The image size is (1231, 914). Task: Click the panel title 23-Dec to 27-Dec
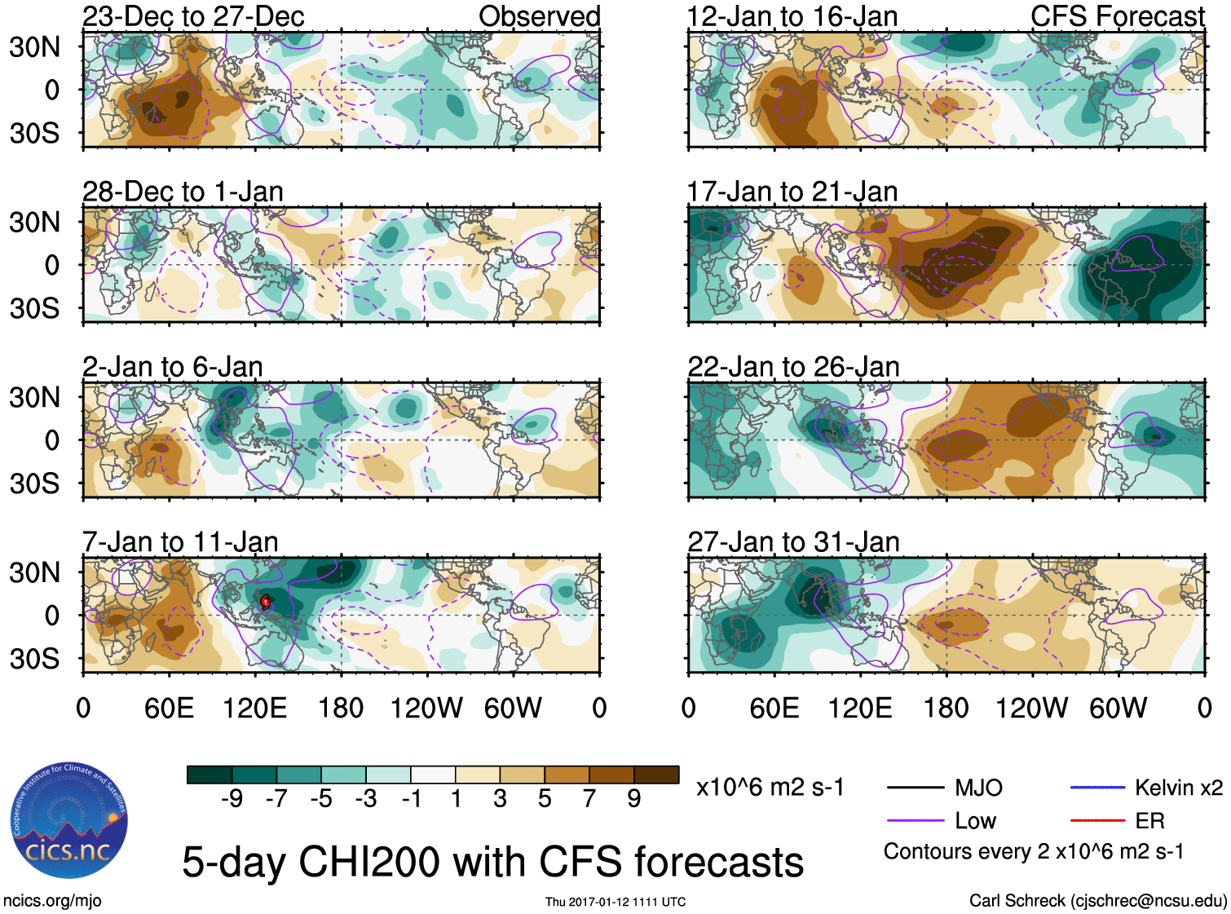pos(193,16)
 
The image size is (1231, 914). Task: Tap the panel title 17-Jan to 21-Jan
pos(792,192)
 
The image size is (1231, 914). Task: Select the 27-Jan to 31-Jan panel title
pos(793,542)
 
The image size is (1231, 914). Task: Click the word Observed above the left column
pos(539,16)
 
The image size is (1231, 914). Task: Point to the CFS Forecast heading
pos(1117,16)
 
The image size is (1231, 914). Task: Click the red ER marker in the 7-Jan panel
pos(266,603)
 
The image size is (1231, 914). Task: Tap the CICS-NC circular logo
pos(69,821)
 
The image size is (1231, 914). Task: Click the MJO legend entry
pos(978,788)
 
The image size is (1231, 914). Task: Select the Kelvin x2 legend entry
pos(1178,788)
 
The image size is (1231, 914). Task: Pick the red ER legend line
pos(1097,820)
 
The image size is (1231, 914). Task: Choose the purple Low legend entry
pos(975,821)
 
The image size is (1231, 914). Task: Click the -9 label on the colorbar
pos(232,799)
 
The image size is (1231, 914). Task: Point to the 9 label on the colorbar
pos(634,799)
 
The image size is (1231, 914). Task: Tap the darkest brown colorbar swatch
pos(656,775)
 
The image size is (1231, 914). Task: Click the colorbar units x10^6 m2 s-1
pos(770,788)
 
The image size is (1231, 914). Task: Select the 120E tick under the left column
pos(254,708)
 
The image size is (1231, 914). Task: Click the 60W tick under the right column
pos(1118,708)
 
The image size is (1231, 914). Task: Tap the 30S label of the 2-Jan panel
pos(34,483)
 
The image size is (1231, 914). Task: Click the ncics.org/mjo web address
pos(52,901)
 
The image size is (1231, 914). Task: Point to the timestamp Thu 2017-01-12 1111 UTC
pos(615,902)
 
